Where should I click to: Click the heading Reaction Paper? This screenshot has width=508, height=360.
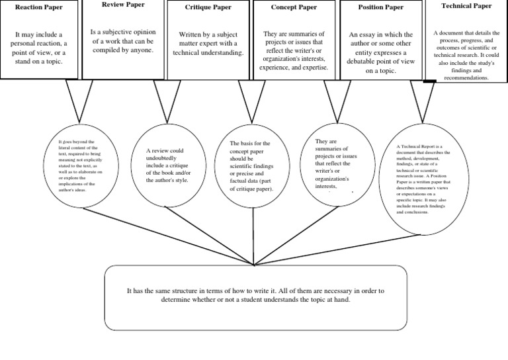click(38, 7)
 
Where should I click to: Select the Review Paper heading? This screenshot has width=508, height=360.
click(124, 5)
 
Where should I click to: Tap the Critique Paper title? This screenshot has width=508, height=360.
click(209, 7)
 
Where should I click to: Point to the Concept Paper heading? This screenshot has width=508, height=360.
click(294, 7)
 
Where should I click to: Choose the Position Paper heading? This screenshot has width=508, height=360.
click(380, 7)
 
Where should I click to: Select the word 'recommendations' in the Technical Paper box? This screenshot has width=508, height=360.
click(466, 77)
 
